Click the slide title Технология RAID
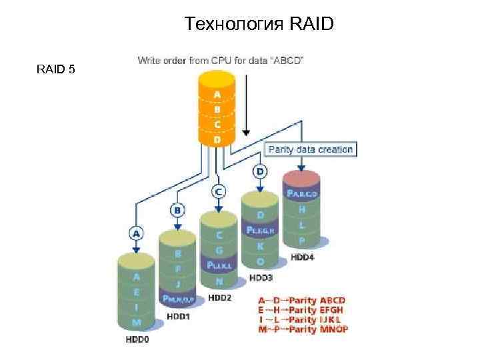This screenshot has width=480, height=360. click(259, 25)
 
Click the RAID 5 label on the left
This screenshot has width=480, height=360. click(56, 69)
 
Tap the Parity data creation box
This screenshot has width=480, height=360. click(310, 149)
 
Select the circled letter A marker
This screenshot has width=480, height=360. click(136, 233)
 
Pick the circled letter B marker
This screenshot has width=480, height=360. click(177, 211)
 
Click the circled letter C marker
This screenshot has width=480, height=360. click(218, 191)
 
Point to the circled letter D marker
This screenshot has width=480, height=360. click(259, 171)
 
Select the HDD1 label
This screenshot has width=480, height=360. click(177, 316)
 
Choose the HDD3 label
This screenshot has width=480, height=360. click(261, 277)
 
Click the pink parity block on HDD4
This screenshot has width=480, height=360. click(302, 193)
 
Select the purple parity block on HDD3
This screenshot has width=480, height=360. click(261, 229)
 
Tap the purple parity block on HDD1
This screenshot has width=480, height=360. click(177, 297)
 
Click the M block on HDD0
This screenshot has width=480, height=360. click(136, 322)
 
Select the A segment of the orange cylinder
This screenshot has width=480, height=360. click(217, 94)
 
